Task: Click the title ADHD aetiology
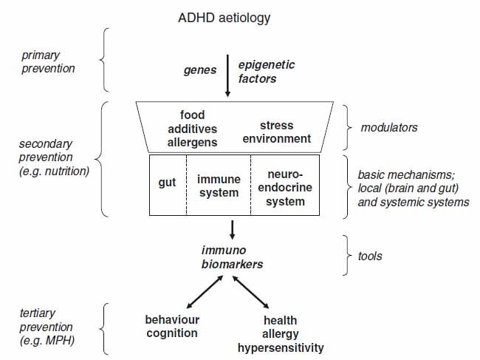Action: click(224, 18)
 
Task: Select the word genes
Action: click(200, 70)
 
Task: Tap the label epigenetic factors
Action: click(267, 72)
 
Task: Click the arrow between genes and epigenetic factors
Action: click(227, 76)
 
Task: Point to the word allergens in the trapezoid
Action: click(192, 143)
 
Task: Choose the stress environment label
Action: click(277, 132)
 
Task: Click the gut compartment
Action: click(168, 185)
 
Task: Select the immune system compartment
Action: click(219, 185)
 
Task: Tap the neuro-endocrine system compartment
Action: click(285, 185)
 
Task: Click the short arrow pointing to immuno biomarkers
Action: click(233, 230)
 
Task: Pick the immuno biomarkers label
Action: click(232, 257)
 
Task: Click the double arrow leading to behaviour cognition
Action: click(205, 292)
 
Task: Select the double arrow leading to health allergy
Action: click(251, 292)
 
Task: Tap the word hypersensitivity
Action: click(281, 348)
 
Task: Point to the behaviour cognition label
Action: click(172, 327)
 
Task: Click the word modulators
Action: click(389, 127)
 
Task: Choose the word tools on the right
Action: click(370, 256)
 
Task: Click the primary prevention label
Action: click(48, 62)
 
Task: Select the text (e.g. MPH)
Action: click(47, 341)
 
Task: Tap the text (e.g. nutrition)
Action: click(54, 171)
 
